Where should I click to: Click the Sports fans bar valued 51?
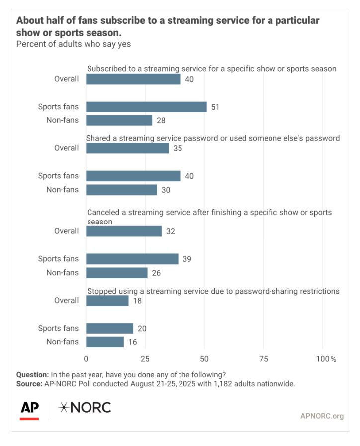point(146,107)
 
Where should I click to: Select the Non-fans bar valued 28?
point(119,120)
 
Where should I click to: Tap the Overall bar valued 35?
point(127,148)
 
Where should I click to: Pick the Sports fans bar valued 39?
point(132,259)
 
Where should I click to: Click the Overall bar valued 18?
point(107,300)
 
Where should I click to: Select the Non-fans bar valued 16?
point(105,342)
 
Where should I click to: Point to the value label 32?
point(171,231)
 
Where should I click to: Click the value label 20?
point(142,328)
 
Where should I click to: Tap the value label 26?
point(157,273)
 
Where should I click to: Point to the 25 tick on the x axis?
point(145,359)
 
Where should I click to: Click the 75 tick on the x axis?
point(264,359)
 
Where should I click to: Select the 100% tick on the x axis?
point(326,359)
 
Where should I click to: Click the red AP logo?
point(30,408)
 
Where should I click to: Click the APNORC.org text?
point(322,416)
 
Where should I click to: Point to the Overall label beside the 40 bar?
point(67,79)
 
